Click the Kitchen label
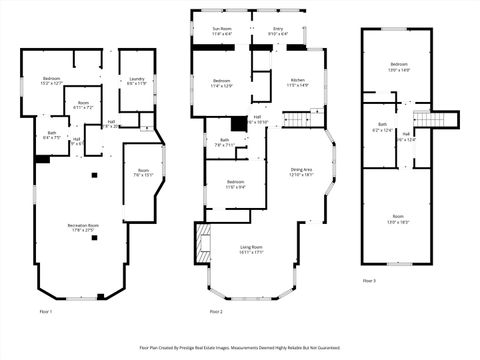(298, 82)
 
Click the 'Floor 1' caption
(45, 312)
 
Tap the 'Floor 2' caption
(214, 312)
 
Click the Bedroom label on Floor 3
(398, 68)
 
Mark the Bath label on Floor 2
(224, 142)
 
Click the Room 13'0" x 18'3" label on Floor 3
(398, 218)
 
